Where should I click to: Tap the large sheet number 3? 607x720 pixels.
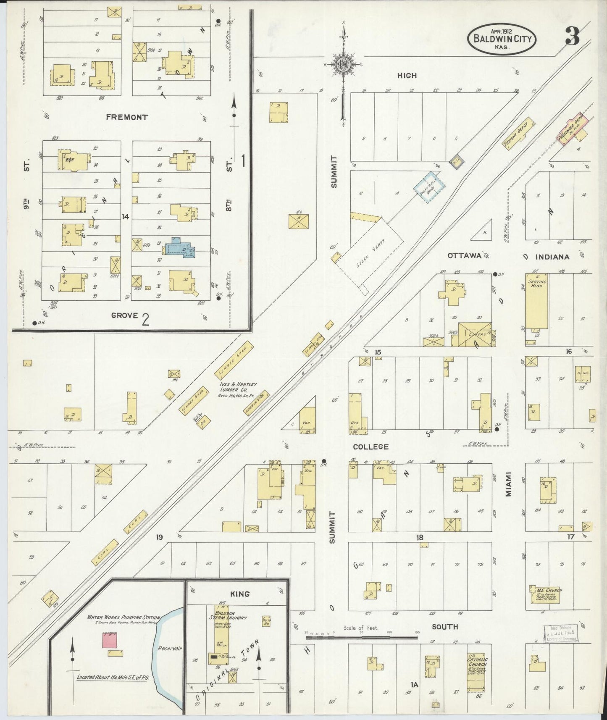pos(572,36)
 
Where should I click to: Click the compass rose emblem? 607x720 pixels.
pos(344,65)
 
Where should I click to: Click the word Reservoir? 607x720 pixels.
pos(169,648)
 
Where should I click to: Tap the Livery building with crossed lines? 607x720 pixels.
pos(475,334)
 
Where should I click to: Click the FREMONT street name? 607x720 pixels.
pos(126,117)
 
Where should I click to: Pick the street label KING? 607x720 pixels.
pos(240,594)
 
